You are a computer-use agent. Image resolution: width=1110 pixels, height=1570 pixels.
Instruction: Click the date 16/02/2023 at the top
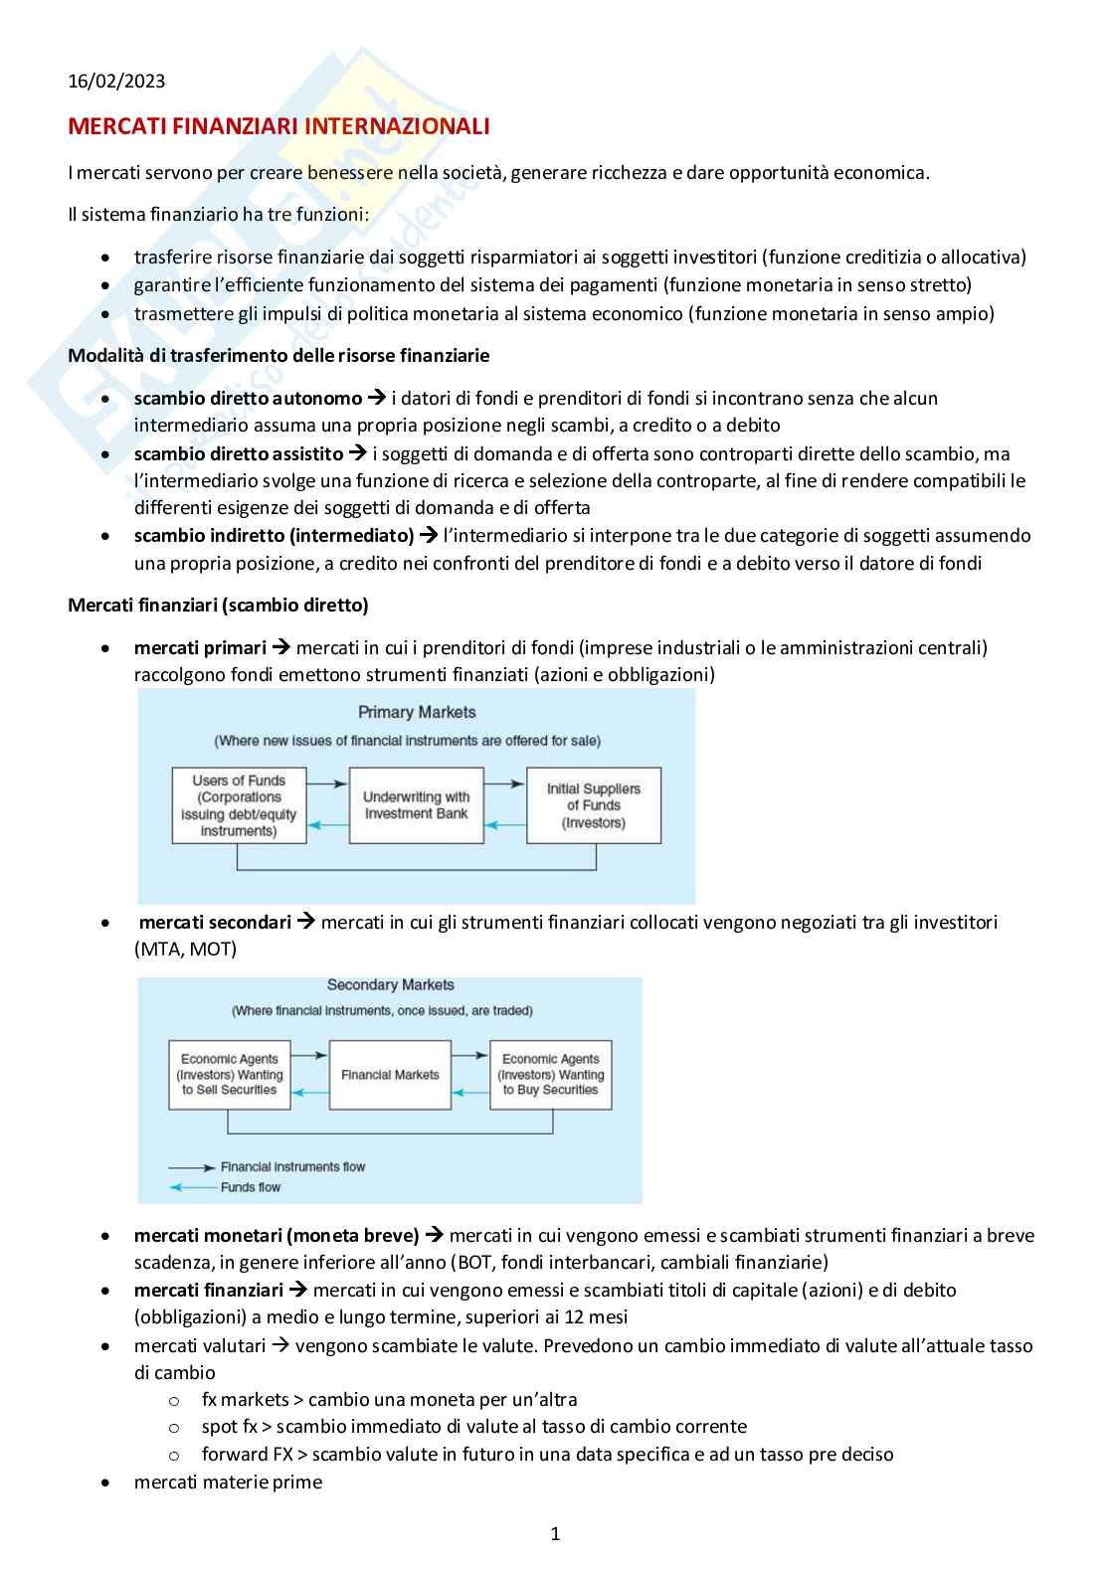click(x=116, y=82)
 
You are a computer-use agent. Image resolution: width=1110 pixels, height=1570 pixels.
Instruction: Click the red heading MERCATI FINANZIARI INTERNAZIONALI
click(x=278, y=126)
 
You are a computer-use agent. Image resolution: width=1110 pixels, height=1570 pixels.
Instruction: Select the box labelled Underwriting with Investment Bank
click(x=416, y=805)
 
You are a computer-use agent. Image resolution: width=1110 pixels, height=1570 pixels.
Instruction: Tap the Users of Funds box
click(x=239, y=805)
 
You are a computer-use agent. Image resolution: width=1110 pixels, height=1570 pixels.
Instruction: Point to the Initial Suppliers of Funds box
click(x=594, y=805)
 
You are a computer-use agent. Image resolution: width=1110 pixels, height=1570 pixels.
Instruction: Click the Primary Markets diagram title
click(x=417, y=712)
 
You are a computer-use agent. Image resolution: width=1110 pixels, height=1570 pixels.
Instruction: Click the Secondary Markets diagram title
click(x=390, y=984)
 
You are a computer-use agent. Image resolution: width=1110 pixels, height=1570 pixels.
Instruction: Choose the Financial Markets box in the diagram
click(x=390, y=1075)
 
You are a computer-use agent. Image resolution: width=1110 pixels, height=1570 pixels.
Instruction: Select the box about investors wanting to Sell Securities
click(x=230, y=1075)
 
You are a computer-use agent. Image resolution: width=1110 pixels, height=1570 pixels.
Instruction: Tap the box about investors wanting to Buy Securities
click(x=551, y=1075)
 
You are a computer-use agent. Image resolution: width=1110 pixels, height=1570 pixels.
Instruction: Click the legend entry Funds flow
click(x=251, y=1187)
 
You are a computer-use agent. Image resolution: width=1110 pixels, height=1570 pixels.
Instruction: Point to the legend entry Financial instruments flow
click(x=292, y=1166)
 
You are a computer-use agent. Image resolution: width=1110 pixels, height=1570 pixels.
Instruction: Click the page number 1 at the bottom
click(x=555, y=1534)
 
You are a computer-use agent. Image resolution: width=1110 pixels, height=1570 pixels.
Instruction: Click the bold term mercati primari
click(x=200, y=648)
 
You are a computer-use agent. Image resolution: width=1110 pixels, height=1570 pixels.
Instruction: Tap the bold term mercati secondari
click(x=215, y=922)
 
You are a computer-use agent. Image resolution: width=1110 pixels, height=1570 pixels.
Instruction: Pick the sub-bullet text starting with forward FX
click(x=547, y=1454)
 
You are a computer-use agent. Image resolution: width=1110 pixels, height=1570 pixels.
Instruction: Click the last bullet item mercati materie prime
click(x=228, y=1482)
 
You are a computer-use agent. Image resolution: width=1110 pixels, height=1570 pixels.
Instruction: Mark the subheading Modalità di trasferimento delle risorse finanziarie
click(x=278, y=355)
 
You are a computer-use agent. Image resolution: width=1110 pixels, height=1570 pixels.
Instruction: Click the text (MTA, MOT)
click(x=185, y=949)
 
